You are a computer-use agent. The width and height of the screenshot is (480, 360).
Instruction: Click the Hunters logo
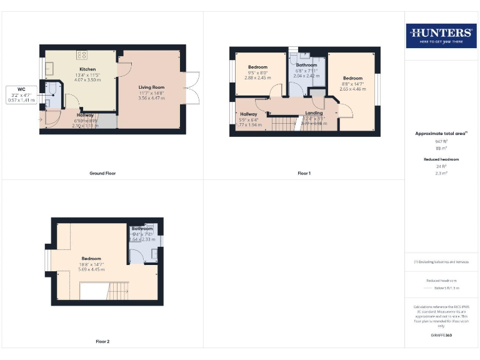click(441, 35)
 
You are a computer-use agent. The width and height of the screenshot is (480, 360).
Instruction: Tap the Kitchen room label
click(87, 69)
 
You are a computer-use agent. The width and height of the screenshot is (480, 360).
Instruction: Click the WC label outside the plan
click(21, 89)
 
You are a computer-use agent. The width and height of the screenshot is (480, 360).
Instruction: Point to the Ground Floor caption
click(102, 173)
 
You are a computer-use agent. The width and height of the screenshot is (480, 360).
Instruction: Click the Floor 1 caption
click(304, 173)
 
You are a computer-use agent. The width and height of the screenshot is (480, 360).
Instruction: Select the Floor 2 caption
click(102, 341)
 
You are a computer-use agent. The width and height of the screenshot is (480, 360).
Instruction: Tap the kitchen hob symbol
click(82, 54)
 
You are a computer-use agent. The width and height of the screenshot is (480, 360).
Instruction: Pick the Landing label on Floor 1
click(314, 113)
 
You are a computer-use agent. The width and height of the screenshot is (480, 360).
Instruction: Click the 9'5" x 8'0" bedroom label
click(257, 72)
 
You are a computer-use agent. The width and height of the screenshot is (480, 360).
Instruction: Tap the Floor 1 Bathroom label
click(306, 65)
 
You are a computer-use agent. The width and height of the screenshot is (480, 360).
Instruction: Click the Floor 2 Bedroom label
click(91, 258)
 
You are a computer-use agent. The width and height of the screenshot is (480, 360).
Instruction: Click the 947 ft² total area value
click(441, 142)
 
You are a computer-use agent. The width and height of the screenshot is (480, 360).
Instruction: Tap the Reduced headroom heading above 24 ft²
click(441, 159)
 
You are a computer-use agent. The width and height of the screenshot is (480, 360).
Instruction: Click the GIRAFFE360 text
click(441, 336)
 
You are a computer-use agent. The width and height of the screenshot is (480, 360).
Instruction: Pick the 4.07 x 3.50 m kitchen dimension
click(87, 80)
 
